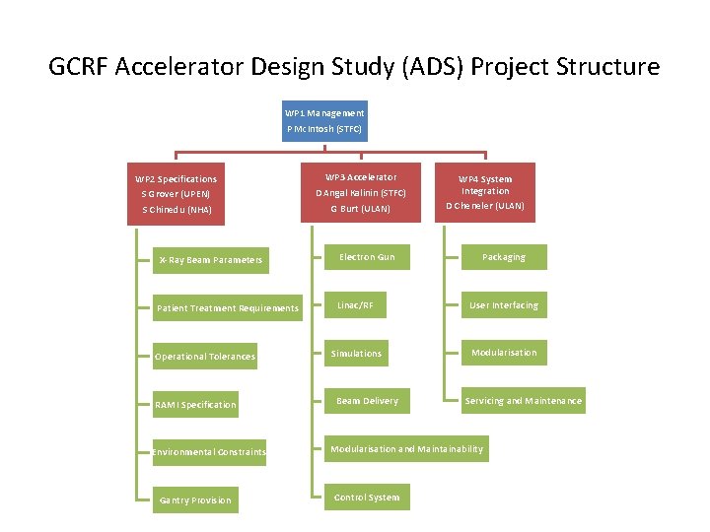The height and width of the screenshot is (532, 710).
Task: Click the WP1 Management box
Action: click(x=324, y=121)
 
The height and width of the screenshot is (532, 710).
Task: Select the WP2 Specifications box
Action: click(x=177, y=194)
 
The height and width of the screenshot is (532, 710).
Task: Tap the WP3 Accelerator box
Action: click(x=360, y=193)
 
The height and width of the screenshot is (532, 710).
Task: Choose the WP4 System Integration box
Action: click(x=484, y=192)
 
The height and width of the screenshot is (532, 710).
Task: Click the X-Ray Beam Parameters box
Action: click(x=210, y=260)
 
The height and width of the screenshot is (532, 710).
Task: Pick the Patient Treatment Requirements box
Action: click(x=228, y=308)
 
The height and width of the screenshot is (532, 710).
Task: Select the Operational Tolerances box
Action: click(x=204, y=357)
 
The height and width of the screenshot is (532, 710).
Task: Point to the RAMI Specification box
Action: click(x=195, y=405)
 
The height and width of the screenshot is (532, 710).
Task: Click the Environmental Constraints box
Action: click(x=209, y=452)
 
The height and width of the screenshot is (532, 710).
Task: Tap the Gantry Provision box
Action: click(x=195, y=500)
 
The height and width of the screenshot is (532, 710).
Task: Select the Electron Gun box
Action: click(x=367, y=257)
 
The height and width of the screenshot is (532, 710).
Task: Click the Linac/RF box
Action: click(x=355, y=305)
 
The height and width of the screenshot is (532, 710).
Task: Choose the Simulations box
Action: click(x=356, y=353)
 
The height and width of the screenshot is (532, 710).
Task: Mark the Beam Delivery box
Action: click(x=367, y=401)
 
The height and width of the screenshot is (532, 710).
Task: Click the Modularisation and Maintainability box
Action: click(x=406, y=449)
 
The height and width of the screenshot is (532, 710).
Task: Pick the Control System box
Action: click(x=367, y=498)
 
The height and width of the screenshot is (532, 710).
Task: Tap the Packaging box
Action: click(x=504, y=257)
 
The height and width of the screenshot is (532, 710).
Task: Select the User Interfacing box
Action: click(x=504, y=305)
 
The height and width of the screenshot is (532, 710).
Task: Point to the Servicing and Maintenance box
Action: click(x=523, y=401)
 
